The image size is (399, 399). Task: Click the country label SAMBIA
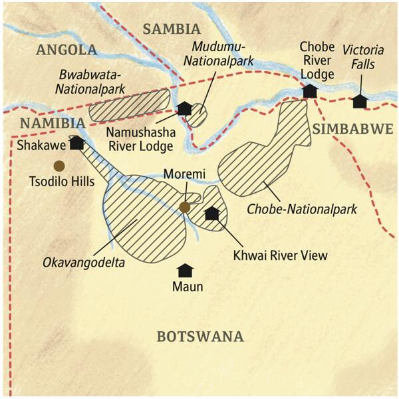171,29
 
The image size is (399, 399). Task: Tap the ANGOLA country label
67,50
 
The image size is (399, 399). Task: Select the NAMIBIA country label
53,123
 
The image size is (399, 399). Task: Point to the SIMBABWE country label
353,129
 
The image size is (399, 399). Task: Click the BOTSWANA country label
200,336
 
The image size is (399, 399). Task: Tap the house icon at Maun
185,270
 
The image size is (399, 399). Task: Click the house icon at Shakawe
76,142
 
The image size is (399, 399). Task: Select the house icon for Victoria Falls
360,101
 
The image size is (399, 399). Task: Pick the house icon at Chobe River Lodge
309,91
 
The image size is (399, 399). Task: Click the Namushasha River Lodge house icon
184,108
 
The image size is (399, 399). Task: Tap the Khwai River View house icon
212,213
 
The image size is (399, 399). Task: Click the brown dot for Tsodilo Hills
59,166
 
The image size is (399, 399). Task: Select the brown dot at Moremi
185,207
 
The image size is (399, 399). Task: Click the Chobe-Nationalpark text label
302,209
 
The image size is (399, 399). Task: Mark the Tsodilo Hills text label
59,180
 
